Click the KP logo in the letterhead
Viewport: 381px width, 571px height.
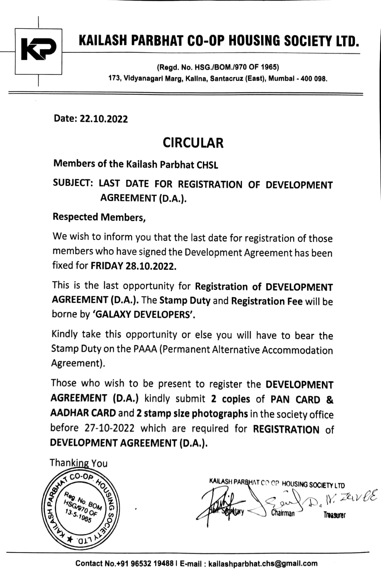point(39,51)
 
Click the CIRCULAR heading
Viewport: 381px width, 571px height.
point(193,143)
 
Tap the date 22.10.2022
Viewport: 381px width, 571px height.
point(104,119)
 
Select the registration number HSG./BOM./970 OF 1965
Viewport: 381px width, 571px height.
point(235,67)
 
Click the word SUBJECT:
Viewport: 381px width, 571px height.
point(73,183)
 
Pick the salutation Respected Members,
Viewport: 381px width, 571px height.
point(99,217)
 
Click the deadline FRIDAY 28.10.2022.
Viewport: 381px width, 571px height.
point(133,266)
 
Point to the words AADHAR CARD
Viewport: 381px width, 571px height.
point(83,413)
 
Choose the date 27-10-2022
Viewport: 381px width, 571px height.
point(109,428)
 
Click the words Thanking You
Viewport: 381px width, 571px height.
point(79,463)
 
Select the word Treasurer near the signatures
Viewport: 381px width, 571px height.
point(334,515)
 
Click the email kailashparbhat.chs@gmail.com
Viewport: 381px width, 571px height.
point(262,564)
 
